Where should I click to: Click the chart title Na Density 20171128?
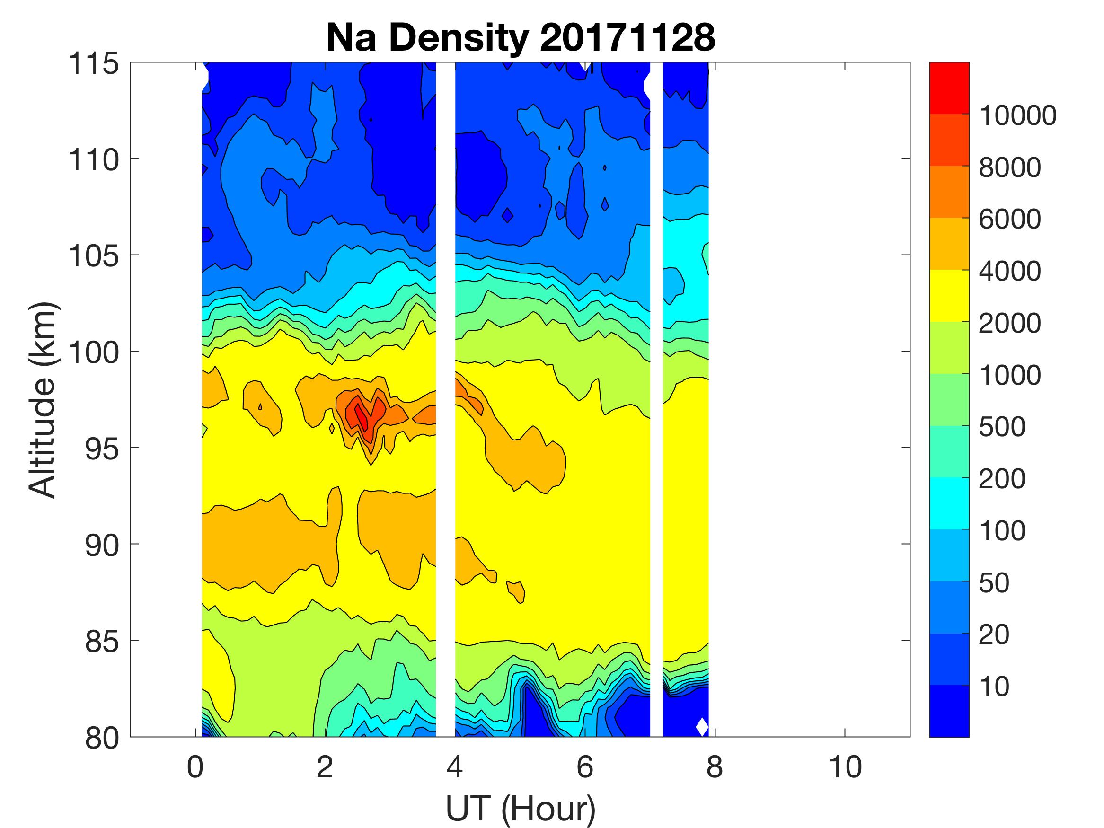(x=521, y=38)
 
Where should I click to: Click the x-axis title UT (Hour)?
(x=521, y=808)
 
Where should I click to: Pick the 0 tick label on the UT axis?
(x=195, y=766)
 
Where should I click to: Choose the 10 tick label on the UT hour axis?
(x=845, y=766)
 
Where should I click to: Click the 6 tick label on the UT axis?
(x=585, y=766)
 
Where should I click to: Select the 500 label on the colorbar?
(x=1002, y=427)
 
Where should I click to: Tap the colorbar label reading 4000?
(x=1010, y=272)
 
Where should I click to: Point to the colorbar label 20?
(x=994, y=635)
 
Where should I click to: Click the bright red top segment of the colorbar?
(x=949, y=88)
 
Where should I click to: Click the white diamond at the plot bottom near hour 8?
(x=702, y=727)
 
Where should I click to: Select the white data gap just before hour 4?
(x=445, y=399)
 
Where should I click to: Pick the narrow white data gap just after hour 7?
(x=656, y=399)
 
